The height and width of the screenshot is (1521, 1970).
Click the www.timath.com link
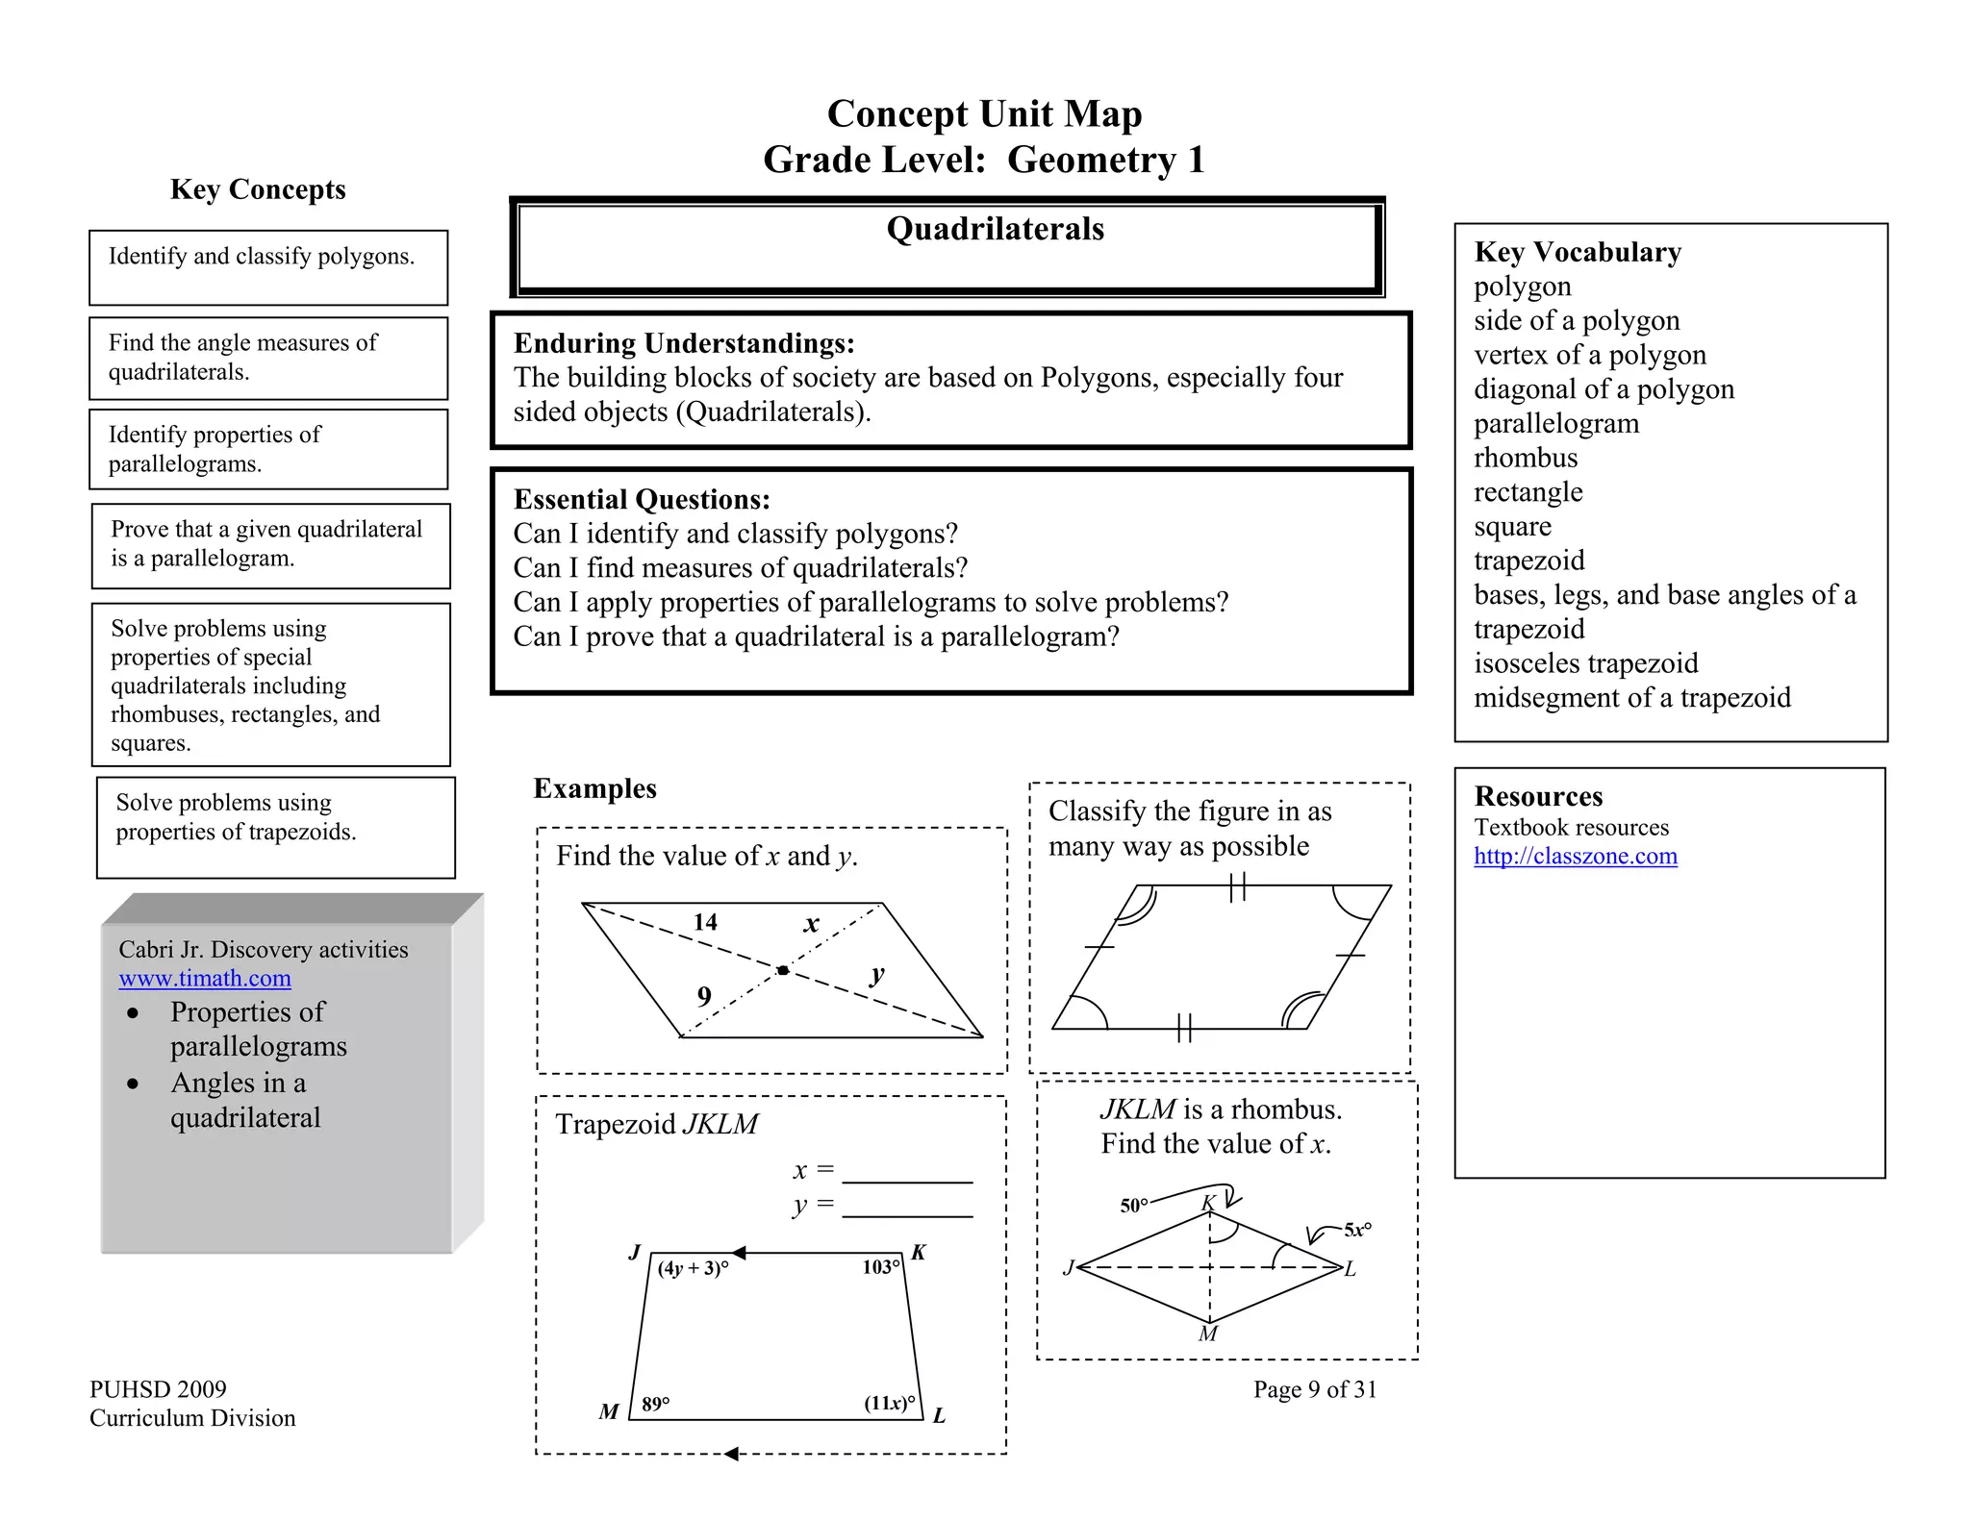(x=205, y=979)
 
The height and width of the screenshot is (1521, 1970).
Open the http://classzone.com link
(x=1575, y=856)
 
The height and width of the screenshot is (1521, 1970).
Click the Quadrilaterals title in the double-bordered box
(x=995, y=229)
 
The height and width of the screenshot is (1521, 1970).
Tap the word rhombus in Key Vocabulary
(x=1526, y=458)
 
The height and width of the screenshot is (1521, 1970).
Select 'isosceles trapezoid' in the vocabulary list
(x=1585, y=663)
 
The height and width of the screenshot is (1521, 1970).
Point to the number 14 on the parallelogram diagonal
(x=705, y=922)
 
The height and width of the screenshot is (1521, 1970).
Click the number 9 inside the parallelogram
(x=704, y=996)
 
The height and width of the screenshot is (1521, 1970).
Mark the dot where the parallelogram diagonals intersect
(x=783, y=971)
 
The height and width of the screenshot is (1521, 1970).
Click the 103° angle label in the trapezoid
(x=881, y=1267)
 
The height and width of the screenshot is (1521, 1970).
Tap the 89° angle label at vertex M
(x=656, y=1404)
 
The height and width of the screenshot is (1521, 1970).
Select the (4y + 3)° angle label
(x=693, y=1268)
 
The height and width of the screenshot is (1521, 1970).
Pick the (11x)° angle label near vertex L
(x=890, y=1403)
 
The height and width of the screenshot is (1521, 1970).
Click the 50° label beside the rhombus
(x=1134, y=1206)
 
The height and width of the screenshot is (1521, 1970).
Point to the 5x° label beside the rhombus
(x=1357, y=1230)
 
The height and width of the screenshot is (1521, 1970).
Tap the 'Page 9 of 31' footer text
(x=1315, y=1389)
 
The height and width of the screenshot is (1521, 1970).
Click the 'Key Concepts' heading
(x=258, y=189)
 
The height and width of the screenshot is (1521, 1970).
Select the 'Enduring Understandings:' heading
(x=684, y=343)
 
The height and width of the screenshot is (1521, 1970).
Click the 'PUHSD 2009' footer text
(x=158, y=1389)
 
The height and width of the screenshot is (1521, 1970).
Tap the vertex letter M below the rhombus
(x=1208, y=1334)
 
